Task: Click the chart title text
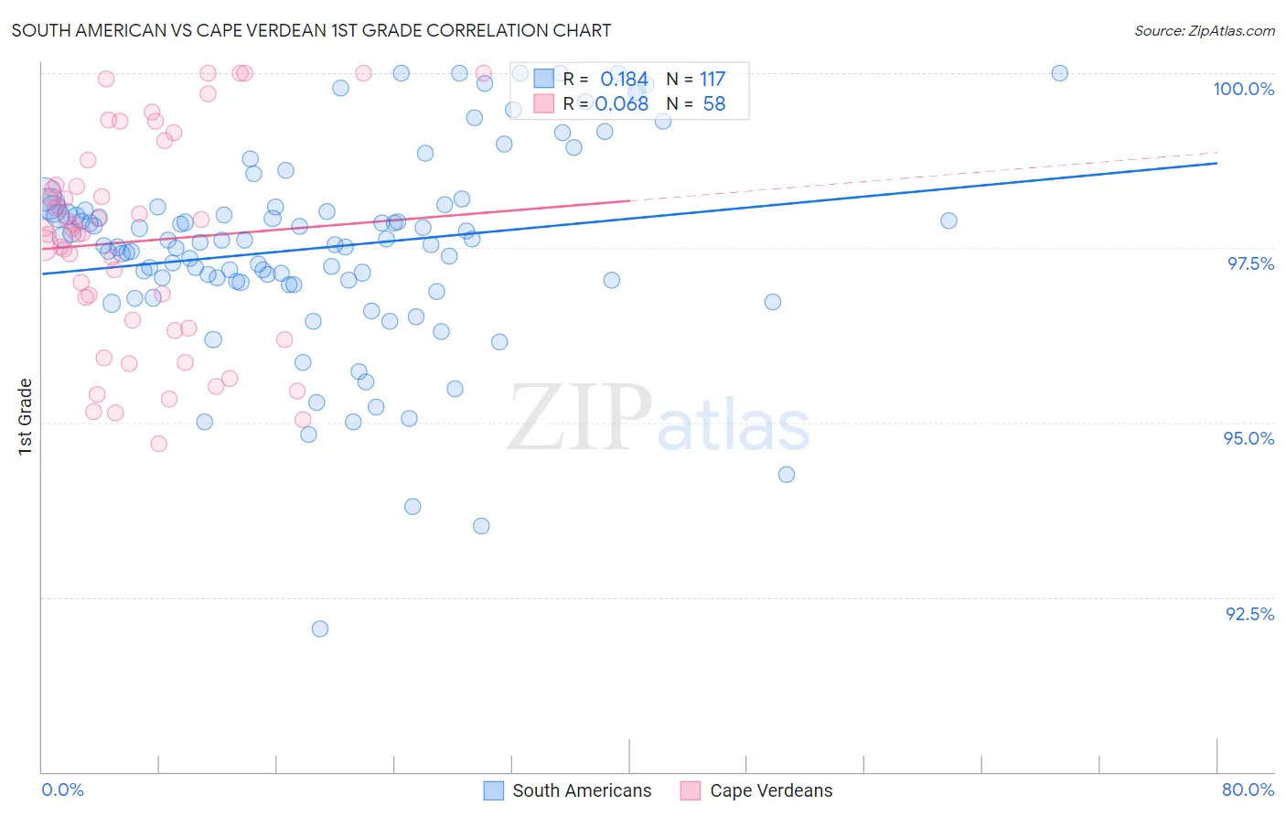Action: [311, 30]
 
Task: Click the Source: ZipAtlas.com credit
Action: [1204, 30]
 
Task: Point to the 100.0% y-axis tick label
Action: [1243, 89]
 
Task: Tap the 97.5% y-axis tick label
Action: [1249, 263]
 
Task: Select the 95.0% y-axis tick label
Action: [1248, 438]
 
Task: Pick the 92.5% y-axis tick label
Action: [1249, 614]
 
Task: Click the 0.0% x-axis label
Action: [62, 789]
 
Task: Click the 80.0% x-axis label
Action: [1248, 789]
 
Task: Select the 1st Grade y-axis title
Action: [26, 416]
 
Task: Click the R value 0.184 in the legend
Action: [624, 80]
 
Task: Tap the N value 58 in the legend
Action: [713, 104]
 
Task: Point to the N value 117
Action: [712, 80]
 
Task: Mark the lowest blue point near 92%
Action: [320, 628]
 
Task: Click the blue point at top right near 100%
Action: [1059, 73]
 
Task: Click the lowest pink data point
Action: [159, 444]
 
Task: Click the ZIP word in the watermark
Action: [580, 417]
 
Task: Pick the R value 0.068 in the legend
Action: [622, 104]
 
